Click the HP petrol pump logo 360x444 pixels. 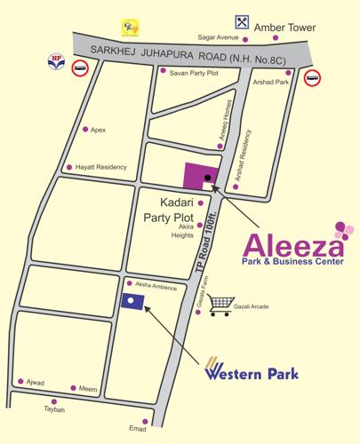pyautogui.click(x=56, y=63)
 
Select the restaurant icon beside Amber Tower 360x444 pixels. pyautogui.click(x=242, y=21)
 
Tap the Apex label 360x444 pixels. pyautogui.click(x=98, y=130)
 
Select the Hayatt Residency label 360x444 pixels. pyautogui.click(x=101, y=167)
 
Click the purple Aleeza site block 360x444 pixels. pyautogui.click(x=201, y=176)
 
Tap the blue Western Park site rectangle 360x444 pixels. pyautogui.click(x=132, y=299)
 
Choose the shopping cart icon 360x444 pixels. pyautogui.click(x=220, y=305)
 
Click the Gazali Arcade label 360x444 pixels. pyautogui.click(x=260, y=305)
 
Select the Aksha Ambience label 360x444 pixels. pyautogui.click(x=156, y=285)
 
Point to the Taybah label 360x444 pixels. pyautogui.click(x=55, y=410)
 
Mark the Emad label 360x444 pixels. pyautogui.click(x=137, y=430)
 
